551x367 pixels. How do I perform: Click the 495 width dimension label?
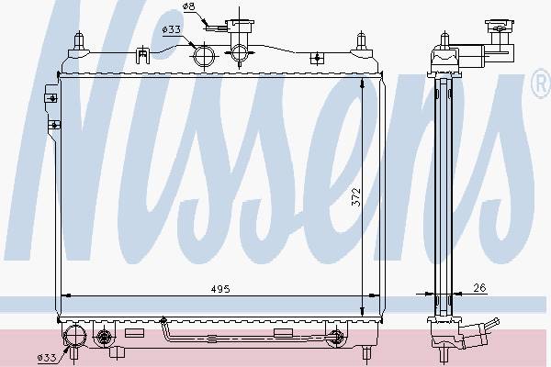(220, 289)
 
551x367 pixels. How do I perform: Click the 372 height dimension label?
(356, 197)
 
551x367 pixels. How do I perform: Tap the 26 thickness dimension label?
(479, 288)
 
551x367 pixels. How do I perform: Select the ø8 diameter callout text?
(188, 6)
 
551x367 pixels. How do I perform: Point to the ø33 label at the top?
(172, 30)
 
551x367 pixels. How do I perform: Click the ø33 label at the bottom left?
(47, 358)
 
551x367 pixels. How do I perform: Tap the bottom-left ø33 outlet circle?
(75, 336)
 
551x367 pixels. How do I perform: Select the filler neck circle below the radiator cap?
(239, 53)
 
